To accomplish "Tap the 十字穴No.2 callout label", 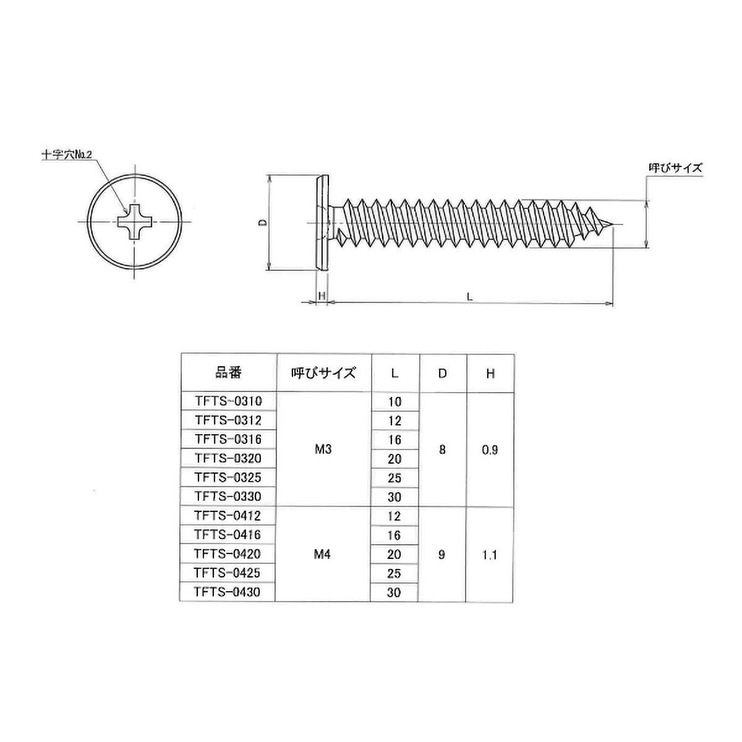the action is pyautogui.click(x=67, y=155).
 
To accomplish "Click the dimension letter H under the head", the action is pyautogui.click(x=322, y=296).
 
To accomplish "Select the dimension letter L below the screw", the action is pyautogui.click(x=469, y=297).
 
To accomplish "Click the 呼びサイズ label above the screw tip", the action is pyautogui.click(x=675, y=168).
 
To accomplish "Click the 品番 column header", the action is pyautogui.click(x=228, y=373).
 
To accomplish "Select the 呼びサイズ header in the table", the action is pyautogui.click(x=323, y=373).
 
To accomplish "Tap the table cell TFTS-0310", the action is pyautogui.click(x=228, y=401).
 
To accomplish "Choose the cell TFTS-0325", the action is pyautogui.click(x=228, y=477).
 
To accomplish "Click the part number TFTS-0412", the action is pyautogui.click(x=228, y=516).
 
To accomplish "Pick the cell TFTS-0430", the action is pyautogui.click(x=227, y=592).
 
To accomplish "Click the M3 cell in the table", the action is pyautogui.click(x=323, y=449).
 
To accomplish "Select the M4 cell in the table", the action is pyautogui.click(x=323, y=555).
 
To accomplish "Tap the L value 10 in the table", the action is pyautogui.click(x=395, y=402).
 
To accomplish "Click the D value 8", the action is pyautogui.click(x=443, y=450).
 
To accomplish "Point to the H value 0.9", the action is pyautogui.click(x=490, y=450).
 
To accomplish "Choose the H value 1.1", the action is pyautogui.click(x=490, y=555).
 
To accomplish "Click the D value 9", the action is pyautogui.click(x=442, y=555).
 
